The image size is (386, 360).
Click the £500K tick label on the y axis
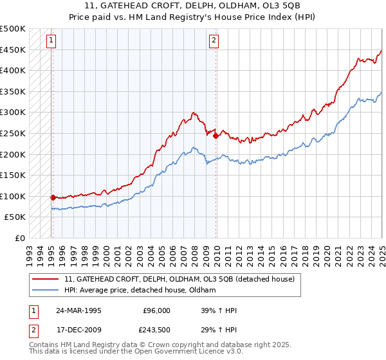[x=13, y=29]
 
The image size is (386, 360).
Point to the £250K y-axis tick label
[x=13, y=133]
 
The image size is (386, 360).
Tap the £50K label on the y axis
[x=15, y=217]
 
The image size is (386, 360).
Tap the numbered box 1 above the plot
[x=51, y=40]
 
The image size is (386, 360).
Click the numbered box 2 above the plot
[x=214, y=40]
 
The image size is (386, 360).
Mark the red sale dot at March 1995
[x=53, y=198]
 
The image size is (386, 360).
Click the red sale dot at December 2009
[x=216, y=136]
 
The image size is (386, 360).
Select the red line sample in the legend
[x=46, y=279]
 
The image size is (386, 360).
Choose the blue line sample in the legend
[x=46, y=290]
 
